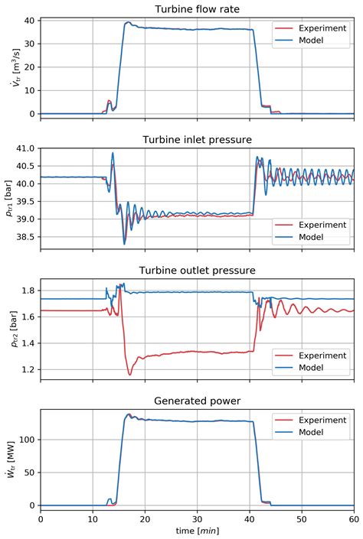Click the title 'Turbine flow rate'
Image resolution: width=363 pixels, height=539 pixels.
198,8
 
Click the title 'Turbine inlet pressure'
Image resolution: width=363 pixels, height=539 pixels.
198,139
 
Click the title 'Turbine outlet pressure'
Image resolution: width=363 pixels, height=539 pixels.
198,270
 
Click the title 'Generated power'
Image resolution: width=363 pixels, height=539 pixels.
198,401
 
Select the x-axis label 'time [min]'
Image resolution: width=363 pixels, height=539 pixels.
198,531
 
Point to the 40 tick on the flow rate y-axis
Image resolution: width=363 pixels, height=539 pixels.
28,23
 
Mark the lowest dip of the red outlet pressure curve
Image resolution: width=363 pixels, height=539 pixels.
129,375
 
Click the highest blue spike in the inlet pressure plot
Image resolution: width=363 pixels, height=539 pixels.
113,153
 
